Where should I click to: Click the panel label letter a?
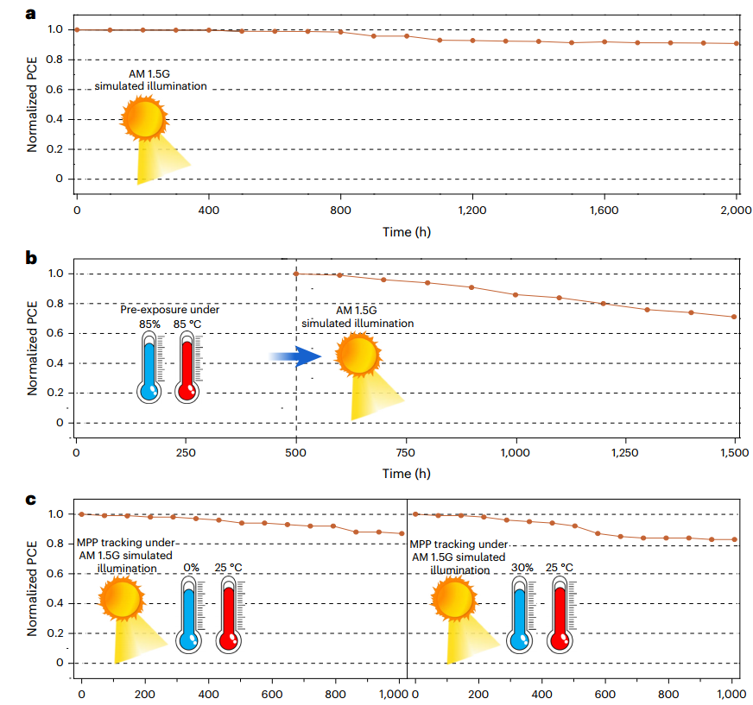tap(8, 13)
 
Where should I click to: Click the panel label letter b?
tap(8, 257)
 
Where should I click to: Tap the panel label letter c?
tap(8, 500)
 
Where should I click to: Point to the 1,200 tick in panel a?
tap(471, 211)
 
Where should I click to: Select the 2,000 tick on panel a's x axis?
tap(735, 211)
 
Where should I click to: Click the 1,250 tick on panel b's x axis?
tap(625, 453)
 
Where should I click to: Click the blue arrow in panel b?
tap(294, 356)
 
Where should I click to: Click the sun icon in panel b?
tap(357, 356)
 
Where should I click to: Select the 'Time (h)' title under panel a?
tap(408, 231)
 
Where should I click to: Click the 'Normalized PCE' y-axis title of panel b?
tap(32, 349)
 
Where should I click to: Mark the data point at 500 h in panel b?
tap(296, 274)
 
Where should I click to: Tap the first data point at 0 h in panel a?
tap(77, 29)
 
